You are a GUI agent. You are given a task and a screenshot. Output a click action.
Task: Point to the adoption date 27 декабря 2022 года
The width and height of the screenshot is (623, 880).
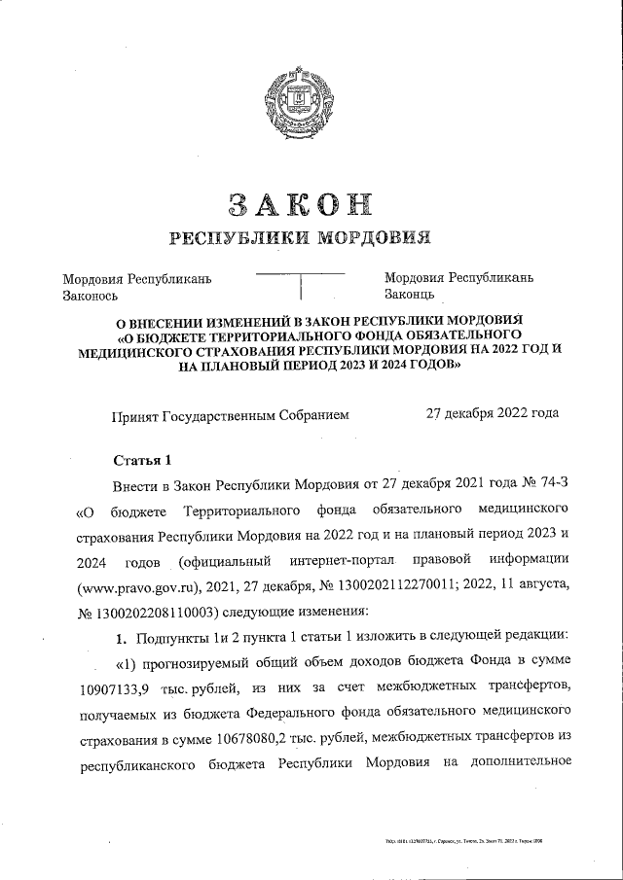[x=493, y=413]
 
